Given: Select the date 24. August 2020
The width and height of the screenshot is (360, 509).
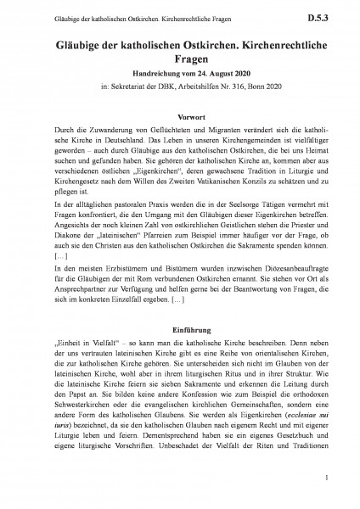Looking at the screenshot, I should (209, 73).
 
